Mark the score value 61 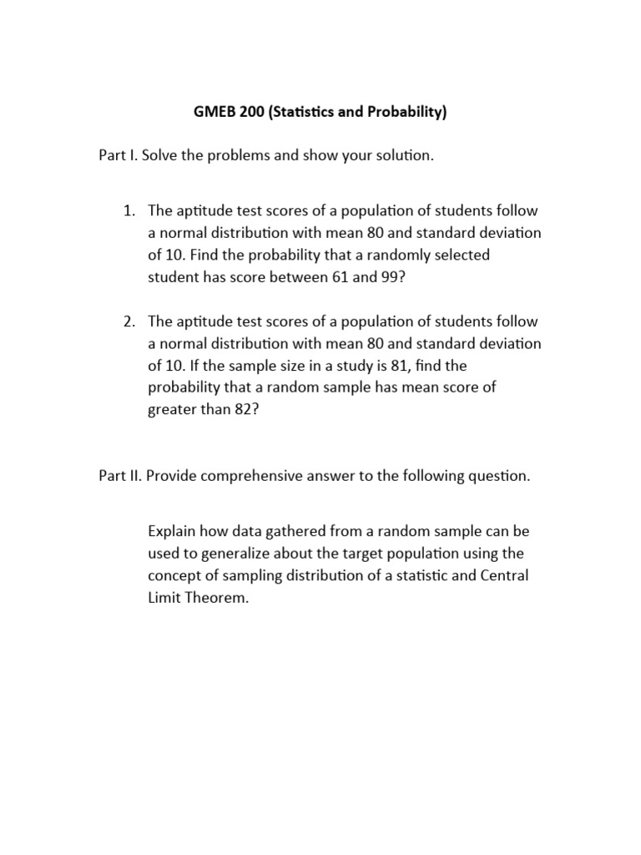(333, 277)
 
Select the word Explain (172, 532)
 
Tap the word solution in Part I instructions (403, 156)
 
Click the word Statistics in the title (308, 113)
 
